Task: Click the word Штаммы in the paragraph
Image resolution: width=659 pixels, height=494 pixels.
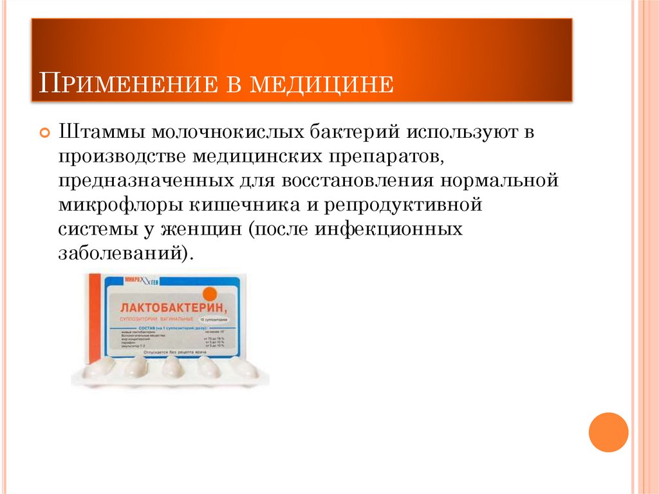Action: click(100, 133)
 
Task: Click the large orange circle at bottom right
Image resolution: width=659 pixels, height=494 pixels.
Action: click(608, 432)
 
